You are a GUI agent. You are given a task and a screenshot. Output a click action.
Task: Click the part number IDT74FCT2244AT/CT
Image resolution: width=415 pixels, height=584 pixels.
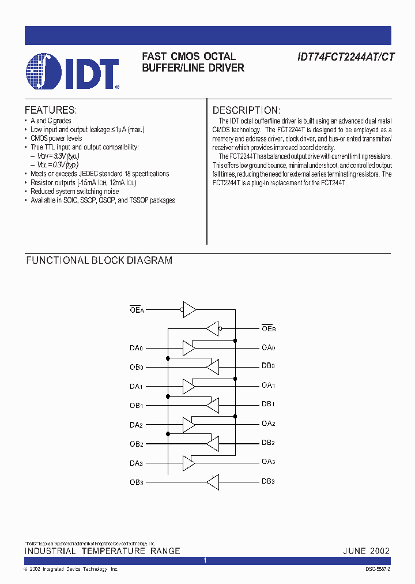[x=346, y=57]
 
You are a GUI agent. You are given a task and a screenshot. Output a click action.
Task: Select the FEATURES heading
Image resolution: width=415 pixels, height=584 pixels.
[x=50, y=110]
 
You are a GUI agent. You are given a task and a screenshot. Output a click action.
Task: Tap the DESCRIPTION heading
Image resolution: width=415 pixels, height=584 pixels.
[x=246, y=110]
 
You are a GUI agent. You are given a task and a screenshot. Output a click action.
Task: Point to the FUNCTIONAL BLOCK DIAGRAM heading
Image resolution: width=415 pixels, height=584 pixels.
[x=99, y=260]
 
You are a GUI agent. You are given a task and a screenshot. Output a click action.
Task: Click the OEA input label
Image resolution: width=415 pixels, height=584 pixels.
[x=137, y=310]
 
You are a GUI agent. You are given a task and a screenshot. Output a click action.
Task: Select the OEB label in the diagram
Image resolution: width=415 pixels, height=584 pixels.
[x=268, y=329]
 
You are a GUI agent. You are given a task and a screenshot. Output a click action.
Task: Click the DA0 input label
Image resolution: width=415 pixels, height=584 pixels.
[x=137, y=348]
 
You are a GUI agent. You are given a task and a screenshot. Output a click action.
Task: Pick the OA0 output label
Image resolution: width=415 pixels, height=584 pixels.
[x=268, y=348]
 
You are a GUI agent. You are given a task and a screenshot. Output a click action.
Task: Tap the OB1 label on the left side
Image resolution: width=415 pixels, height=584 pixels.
[x=137, y=405]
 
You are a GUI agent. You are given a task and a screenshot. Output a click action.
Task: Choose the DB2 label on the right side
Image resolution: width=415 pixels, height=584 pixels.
[x=268, y=443]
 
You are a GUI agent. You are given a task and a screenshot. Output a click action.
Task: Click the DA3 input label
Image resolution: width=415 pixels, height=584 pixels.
[x=137, y=463]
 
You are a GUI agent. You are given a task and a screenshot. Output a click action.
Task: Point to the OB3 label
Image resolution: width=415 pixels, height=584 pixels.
[x=137, y=482]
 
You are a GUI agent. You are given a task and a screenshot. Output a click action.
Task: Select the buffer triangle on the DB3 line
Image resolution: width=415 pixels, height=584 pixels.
[x=213, y=482]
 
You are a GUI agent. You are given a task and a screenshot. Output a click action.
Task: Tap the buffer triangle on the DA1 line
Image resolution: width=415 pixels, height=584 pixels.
[x=188, y=385]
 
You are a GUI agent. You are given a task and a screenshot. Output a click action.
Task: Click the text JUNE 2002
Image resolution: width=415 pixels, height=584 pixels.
[x=367, y=551]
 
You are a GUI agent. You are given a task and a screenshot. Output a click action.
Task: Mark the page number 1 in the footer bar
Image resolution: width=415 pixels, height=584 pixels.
[x=205, y=561]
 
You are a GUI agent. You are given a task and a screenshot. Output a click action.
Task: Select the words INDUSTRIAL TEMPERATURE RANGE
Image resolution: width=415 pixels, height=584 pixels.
[x=102, y=551]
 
